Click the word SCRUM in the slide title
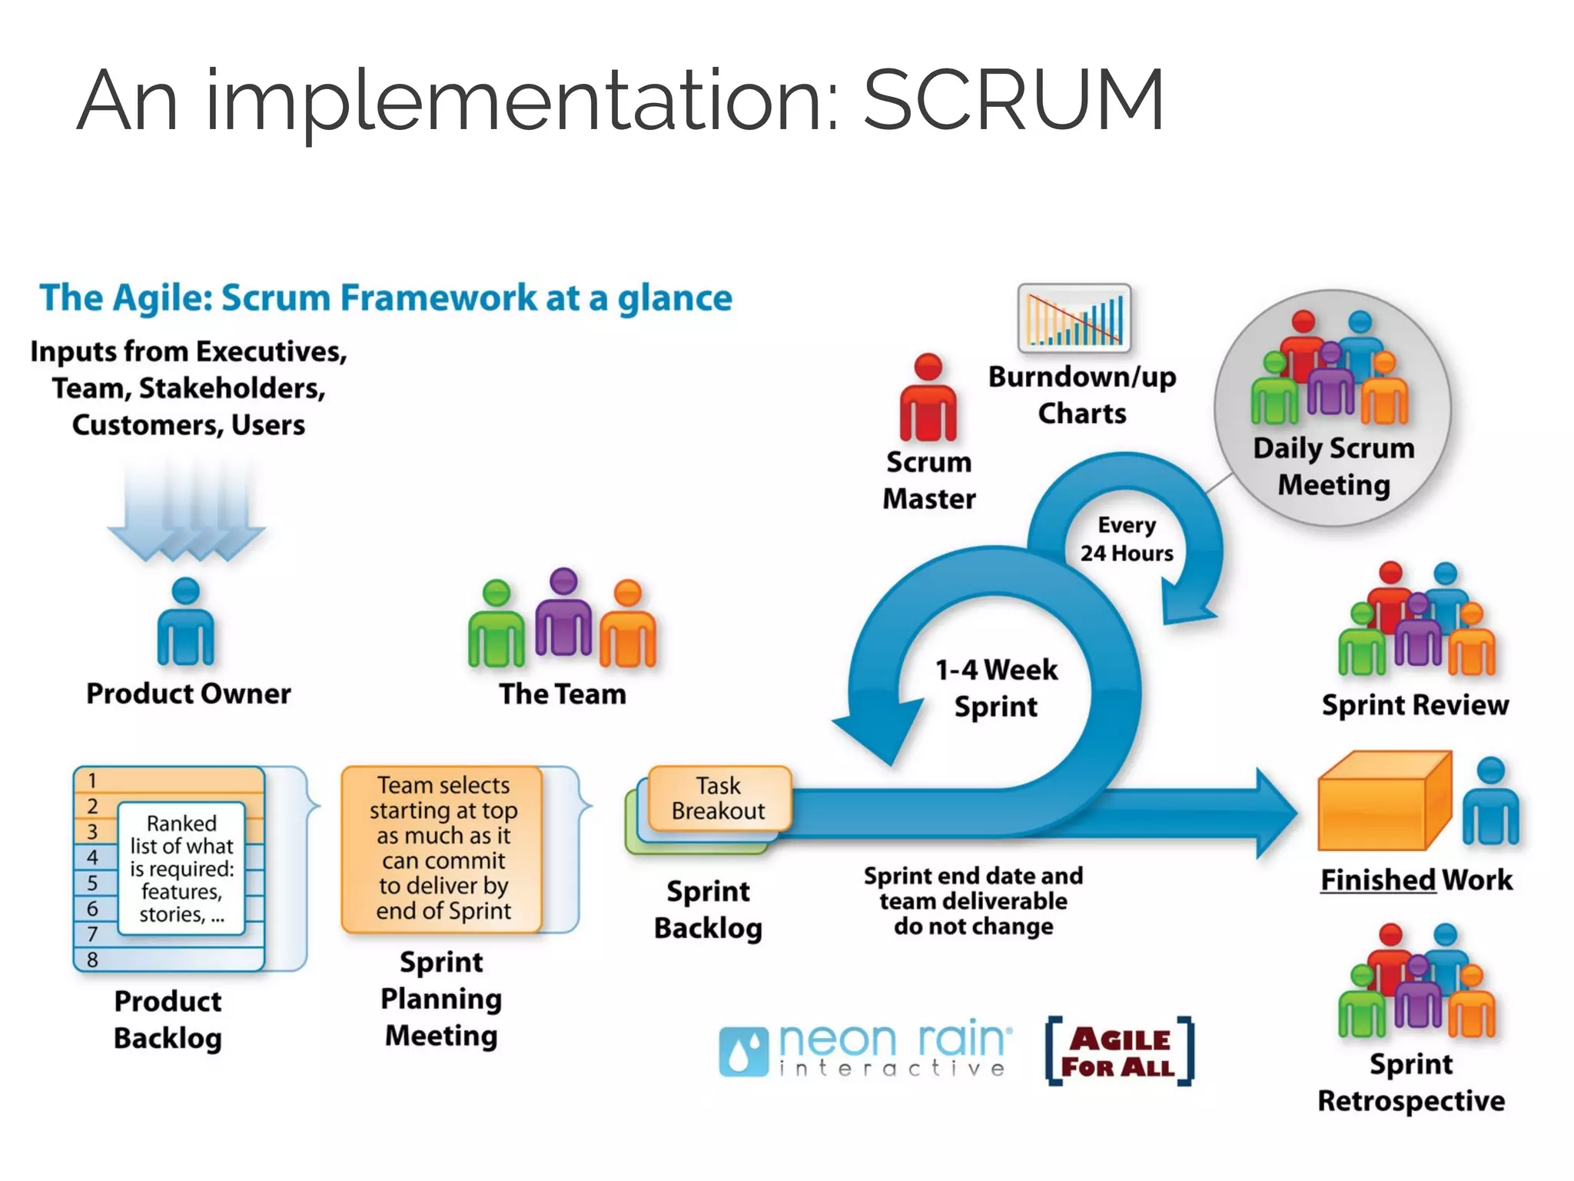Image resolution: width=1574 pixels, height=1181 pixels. point(1014,100)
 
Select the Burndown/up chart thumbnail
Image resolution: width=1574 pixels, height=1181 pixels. point(1074,318)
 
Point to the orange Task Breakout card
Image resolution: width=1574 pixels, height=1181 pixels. point(719,798)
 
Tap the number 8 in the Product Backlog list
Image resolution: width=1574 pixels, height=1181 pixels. point(92,960)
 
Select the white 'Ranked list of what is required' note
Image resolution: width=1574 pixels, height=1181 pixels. point(181,868)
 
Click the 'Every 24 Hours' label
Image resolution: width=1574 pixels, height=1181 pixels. point(1127,539)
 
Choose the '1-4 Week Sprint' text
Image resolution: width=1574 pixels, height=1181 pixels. point(996,687)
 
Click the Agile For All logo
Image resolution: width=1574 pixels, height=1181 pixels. point(1119,1052)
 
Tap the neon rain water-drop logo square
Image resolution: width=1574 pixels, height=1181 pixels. point(742,1052)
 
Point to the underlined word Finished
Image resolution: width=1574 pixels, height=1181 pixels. point(1378,880)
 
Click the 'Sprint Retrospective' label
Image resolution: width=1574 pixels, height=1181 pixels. point(1411,1083)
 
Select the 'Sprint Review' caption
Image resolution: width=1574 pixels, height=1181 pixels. point(1415,705)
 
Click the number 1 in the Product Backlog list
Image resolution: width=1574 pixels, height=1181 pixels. point(92,780)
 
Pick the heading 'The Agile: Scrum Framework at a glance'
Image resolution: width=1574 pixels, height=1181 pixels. point(386,298)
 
